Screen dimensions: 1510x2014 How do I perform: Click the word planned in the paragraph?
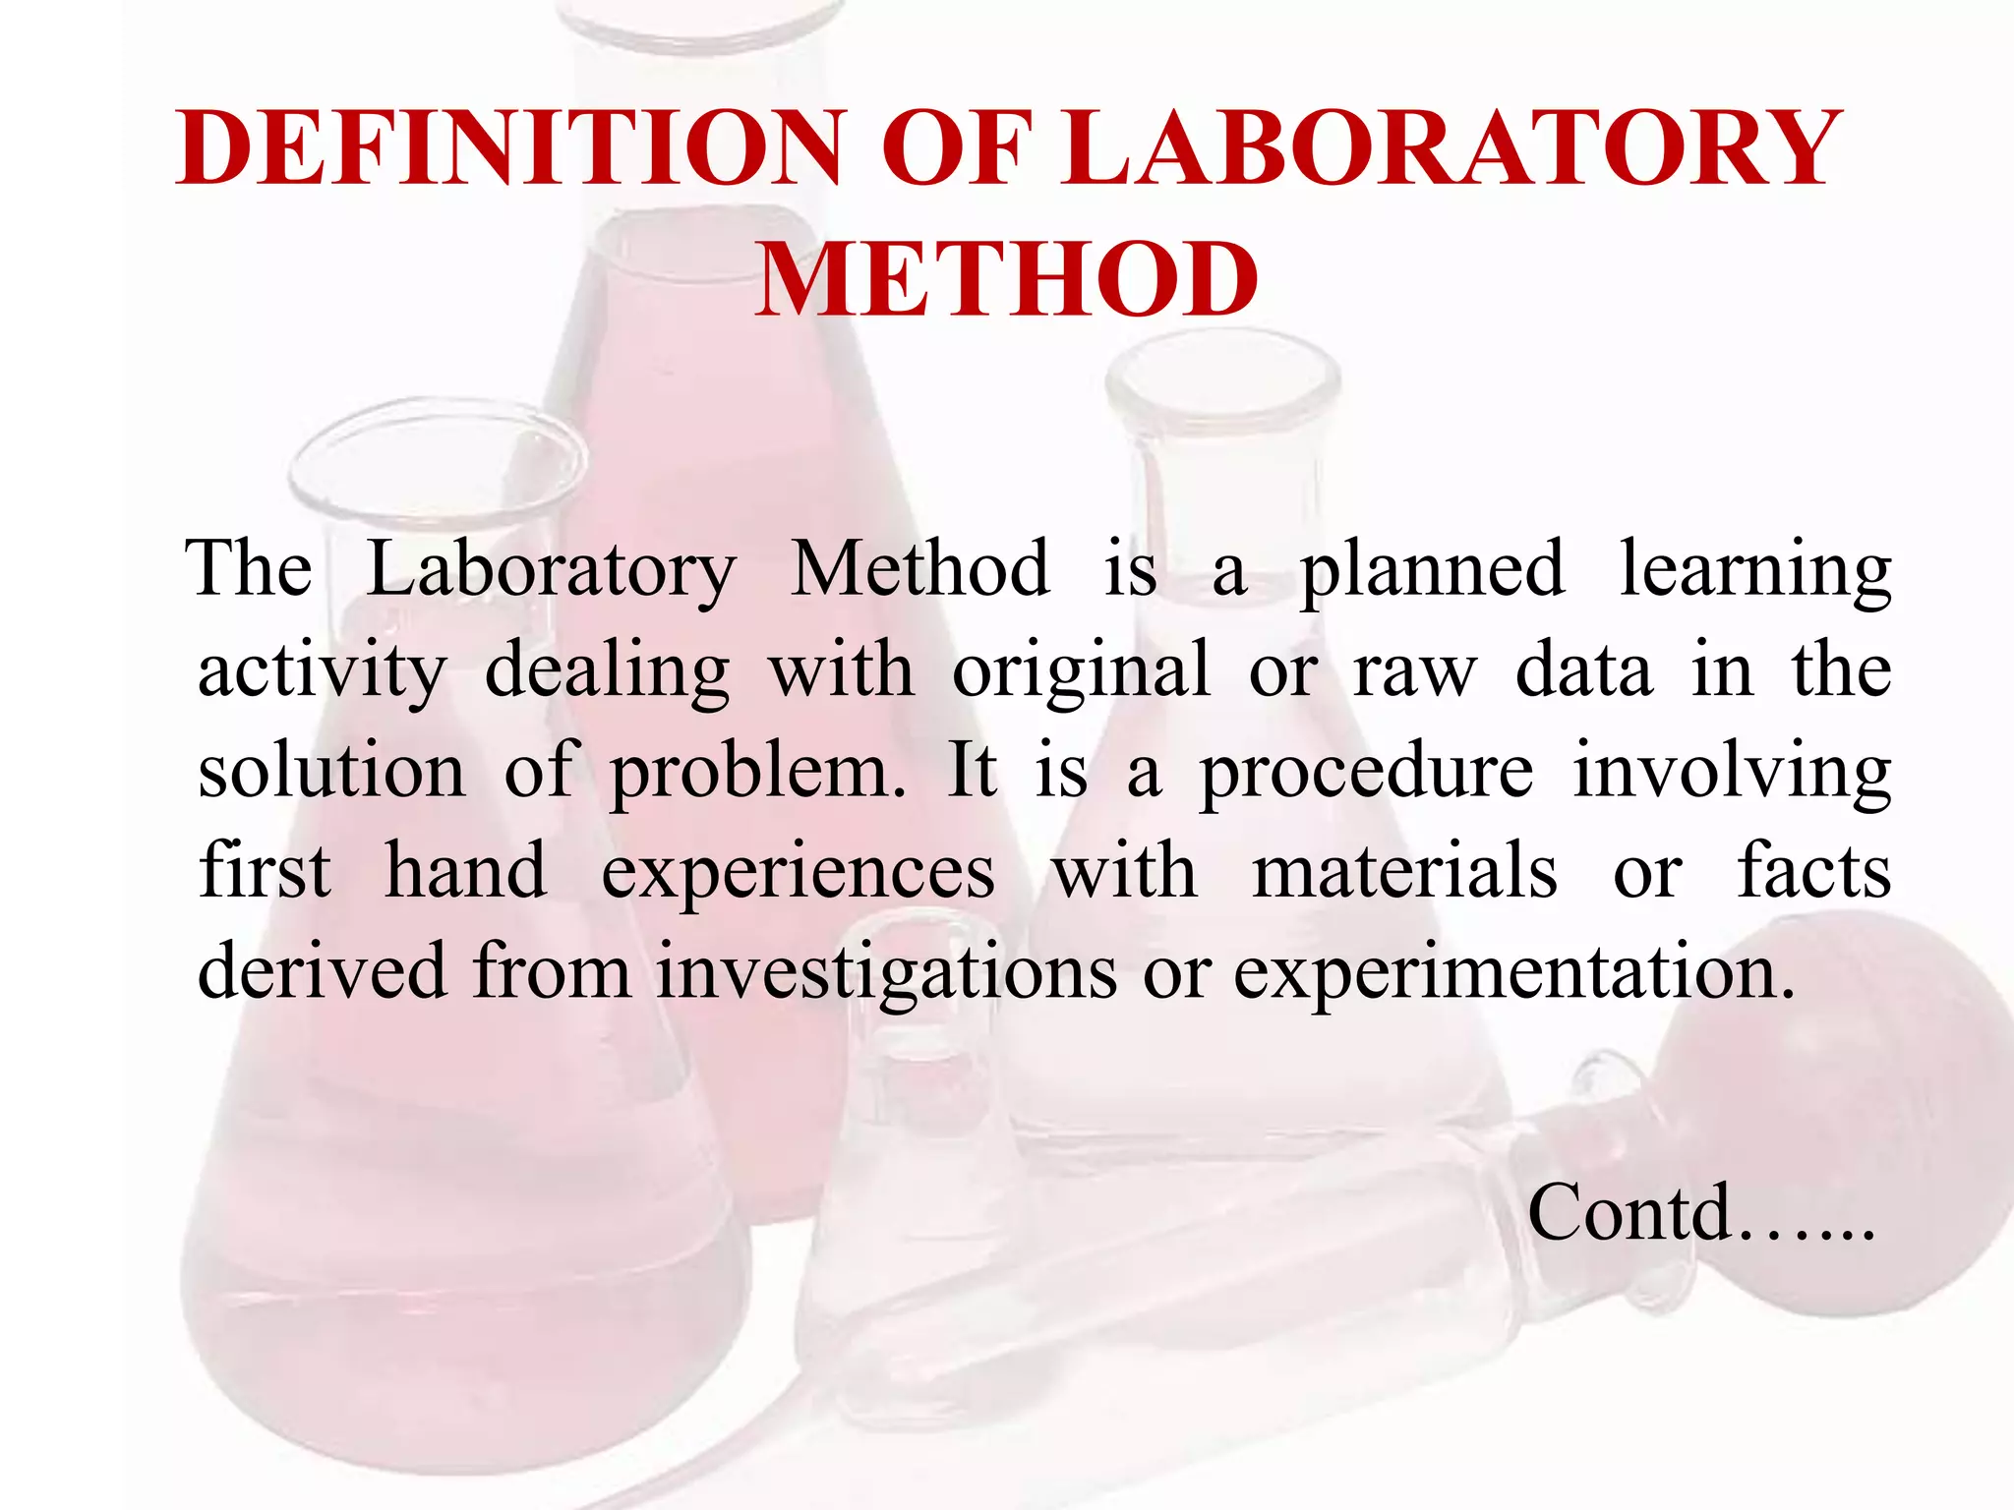click(x=1432, y=571)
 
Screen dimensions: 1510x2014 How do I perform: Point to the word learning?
click(x=1755, y=571)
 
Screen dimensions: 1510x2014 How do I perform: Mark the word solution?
click(x=331, y=772)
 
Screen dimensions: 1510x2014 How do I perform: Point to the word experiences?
click(x=798, y=874)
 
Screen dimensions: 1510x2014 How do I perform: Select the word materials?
click(x=1404, y=872)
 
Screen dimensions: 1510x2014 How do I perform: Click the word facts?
click(x=1814, y=872)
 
